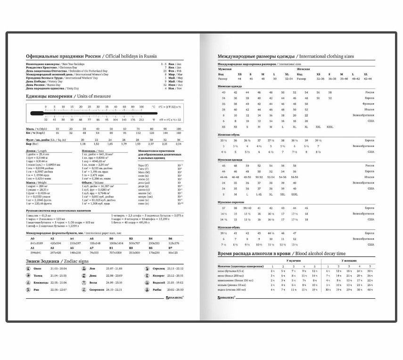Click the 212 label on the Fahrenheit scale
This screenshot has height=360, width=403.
coord(141,120)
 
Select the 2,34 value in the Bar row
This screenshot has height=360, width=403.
coord(179,143)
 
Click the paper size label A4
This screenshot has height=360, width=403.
coord(72,238)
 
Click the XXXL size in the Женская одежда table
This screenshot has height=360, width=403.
coord(330,126)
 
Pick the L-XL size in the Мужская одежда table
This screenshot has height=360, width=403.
coord(259,194)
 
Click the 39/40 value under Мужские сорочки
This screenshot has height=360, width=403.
coord(247,208)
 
